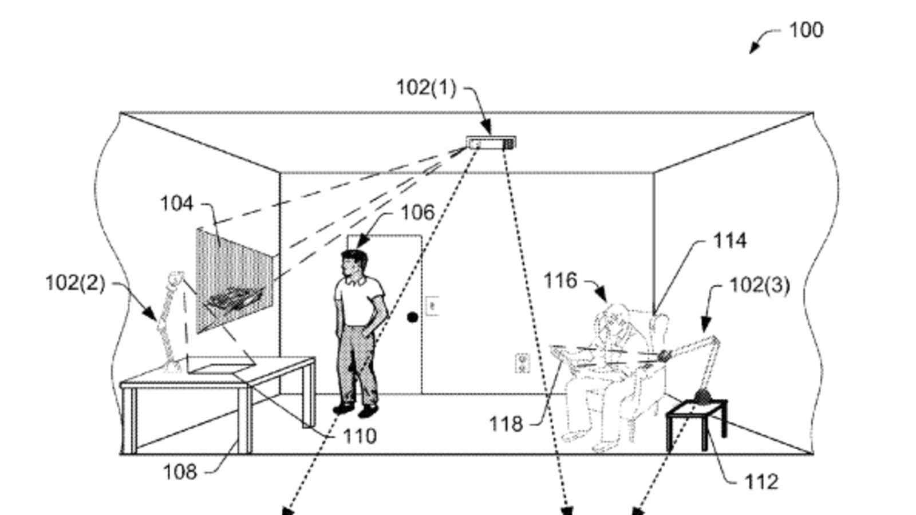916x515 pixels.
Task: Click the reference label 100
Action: click(x=806, y=30)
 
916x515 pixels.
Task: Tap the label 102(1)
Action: click(x=426, y=88)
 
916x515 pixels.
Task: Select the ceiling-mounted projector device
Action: click(x=491, y=142)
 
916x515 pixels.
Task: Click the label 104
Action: click(x=176, y=203)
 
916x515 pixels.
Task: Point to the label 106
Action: click(x=417, y=213)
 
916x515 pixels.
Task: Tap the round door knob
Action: click(x=412, y=316)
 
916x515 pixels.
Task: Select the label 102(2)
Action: click(x=75, y=283)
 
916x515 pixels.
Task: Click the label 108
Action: click(x=180, y=472)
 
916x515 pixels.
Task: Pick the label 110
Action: click(x=360, y=437)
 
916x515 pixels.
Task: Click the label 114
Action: click(x=729, y=241)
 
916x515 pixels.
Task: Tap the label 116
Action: click(x=560, y=281)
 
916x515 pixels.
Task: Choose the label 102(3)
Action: click(x=759, y=285)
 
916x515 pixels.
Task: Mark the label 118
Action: click(x=506, y=424)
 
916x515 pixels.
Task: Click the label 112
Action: click(x=761, y=482)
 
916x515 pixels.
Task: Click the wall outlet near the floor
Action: click(x=522, y=363)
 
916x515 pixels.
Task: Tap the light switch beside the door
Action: click(x=432, y=306)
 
